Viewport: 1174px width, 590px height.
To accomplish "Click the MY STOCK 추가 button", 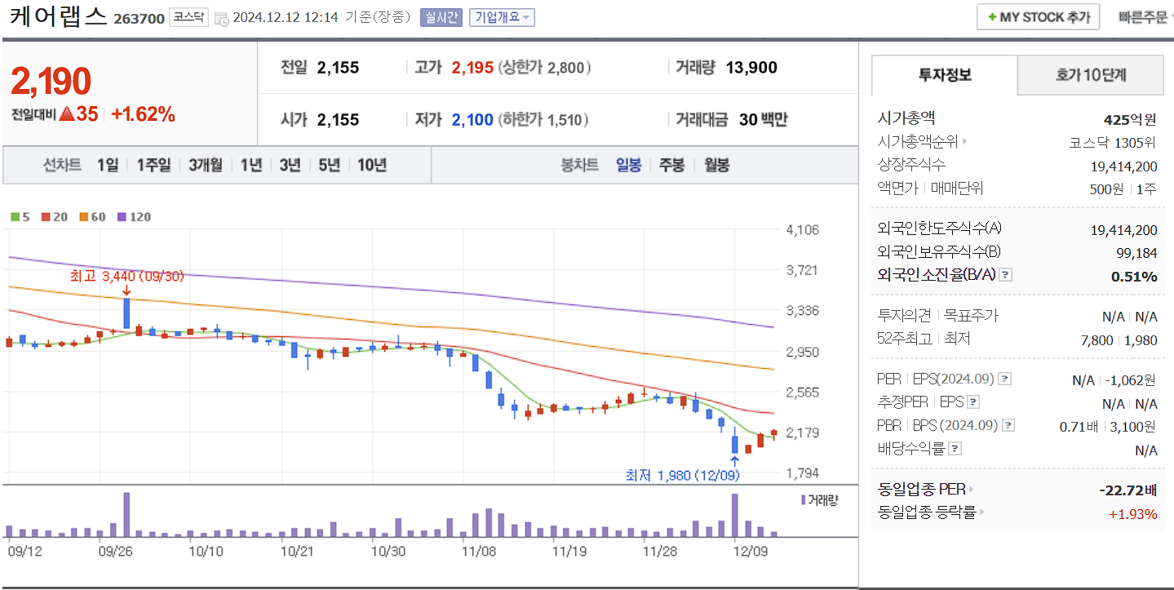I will click(x=1038, y=17).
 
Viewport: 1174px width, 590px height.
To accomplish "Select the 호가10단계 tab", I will click(x=1090, y=75).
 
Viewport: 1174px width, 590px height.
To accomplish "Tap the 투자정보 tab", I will click(x=945, y=75).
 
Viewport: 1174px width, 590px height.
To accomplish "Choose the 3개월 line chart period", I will click(x=205, y=165).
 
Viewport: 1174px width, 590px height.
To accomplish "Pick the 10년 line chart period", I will click(x=372, y=165).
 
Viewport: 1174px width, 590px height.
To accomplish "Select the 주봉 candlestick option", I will click(x=671, y=165).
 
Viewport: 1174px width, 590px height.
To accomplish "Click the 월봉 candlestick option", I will click(x=716, y=165).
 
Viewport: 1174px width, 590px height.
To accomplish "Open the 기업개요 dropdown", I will click(x=502, y=17).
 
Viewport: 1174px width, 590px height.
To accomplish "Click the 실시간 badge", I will click(x=441, y=17).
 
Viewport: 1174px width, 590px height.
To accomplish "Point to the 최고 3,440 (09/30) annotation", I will click(x=127, y=277).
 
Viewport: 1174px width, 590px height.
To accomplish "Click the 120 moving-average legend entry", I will click(x=135, y=217).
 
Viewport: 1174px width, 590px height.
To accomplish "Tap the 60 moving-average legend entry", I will click(x=92, y=217).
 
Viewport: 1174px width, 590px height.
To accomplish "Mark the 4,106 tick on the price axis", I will click(x=802, y=229).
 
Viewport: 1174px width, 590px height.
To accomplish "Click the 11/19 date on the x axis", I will click(x=569, y=551).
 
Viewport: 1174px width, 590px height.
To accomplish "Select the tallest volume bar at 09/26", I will click(x=126, y=514).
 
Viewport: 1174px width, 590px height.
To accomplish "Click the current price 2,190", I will click(x=51, y=82).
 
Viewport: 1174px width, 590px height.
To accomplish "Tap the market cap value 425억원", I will click(x=1130, y=120).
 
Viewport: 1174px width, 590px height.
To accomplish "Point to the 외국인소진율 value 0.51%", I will click(x=1134, y=277).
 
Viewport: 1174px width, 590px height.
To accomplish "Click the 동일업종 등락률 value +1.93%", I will click(x=1132, y=513).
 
